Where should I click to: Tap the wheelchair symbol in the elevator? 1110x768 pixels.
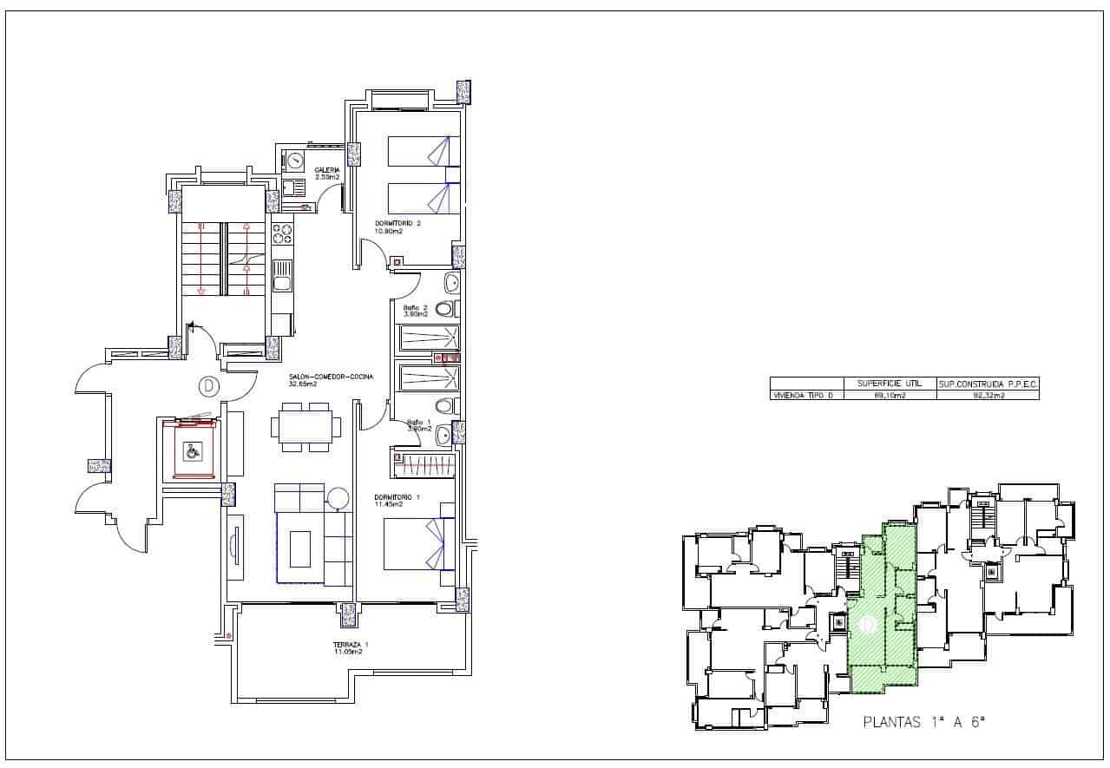(x=191, y=450)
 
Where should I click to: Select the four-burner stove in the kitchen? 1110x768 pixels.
(x=282, y=234)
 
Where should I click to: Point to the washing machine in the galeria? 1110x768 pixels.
(x=294, y=160)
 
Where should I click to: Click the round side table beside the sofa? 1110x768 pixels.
(x=337, y=499)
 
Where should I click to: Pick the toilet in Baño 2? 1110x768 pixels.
(x=444, y=308)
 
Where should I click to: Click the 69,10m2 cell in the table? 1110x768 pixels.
(x=890, y=395)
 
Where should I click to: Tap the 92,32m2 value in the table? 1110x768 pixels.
(x=988, y=395)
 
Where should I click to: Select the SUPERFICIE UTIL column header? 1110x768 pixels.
(x=890, y=383)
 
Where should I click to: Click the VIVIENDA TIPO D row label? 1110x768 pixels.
(x=807, y=395)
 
